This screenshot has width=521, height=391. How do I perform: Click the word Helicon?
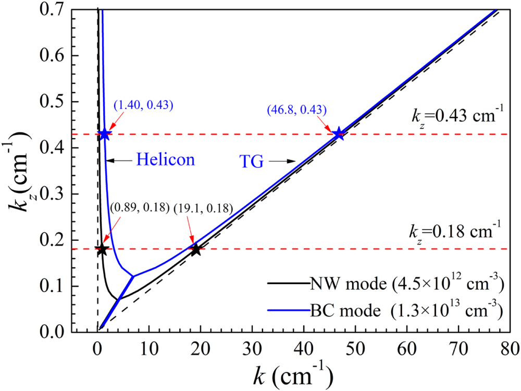click(x=166, y=160)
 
